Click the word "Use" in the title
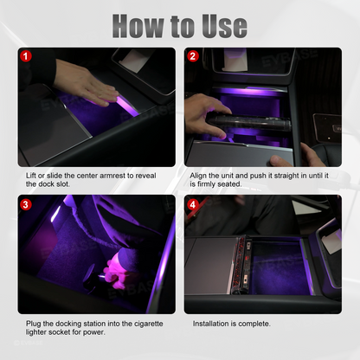click(224, 26)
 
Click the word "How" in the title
click(138, 26)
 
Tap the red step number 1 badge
click(26, 56)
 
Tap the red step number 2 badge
click(192, 56)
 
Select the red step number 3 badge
click(26, 204)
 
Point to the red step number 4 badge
click(192, 204)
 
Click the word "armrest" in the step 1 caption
click(112, 176)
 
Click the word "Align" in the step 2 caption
click(198, 176)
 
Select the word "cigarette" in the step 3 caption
click(149, 324)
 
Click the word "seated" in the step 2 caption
click(231, 184)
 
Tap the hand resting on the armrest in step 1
click(87, 84)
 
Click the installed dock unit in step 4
click(241, 265)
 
